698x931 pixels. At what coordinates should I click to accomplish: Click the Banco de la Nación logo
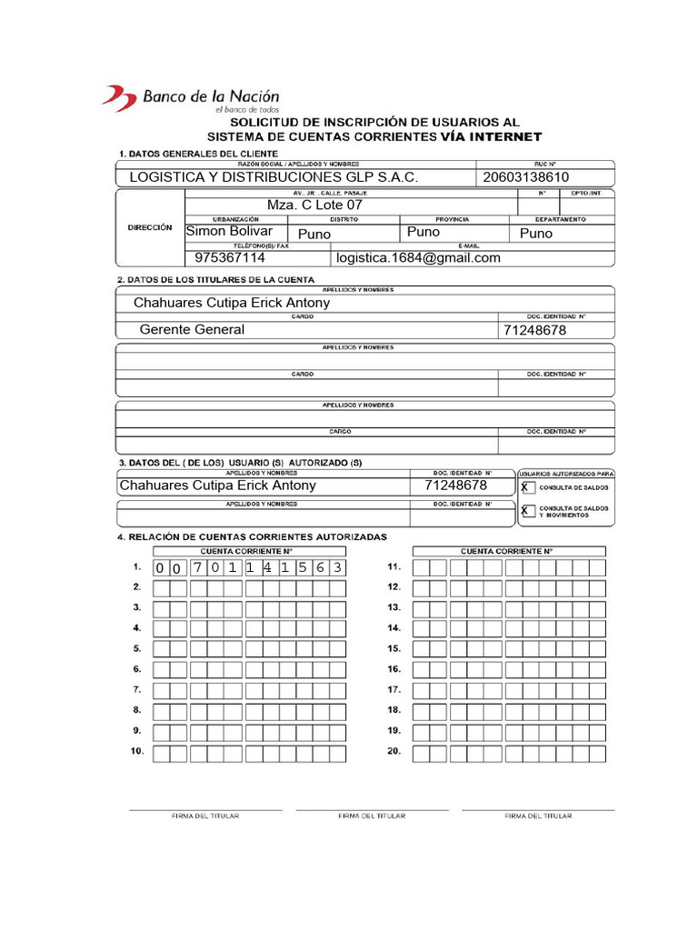190,97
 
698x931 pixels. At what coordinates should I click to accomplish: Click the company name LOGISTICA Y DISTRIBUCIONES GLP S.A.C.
274,177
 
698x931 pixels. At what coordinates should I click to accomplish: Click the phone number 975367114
230,258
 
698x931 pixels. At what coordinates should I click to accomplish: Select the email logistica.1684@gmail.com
418,258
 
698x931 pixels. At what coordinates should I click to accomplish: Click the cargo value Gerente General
192,330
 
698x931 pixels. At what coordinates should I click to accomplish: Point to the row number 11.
394,567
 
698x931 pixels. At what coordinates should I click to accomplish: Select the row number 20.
394,752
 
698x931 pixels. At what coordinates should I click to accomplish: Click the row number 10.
136,752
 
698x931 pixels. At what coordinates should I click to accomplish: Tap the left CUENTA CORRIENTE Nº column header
246,551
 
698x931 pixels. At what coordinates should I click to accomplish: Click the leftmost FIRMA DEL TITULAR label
205,816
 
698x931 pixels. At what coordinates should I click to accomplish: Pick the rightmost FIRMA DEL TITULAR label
538,816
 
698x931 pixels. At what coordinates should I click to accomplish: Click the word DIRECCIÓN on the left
150,228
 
